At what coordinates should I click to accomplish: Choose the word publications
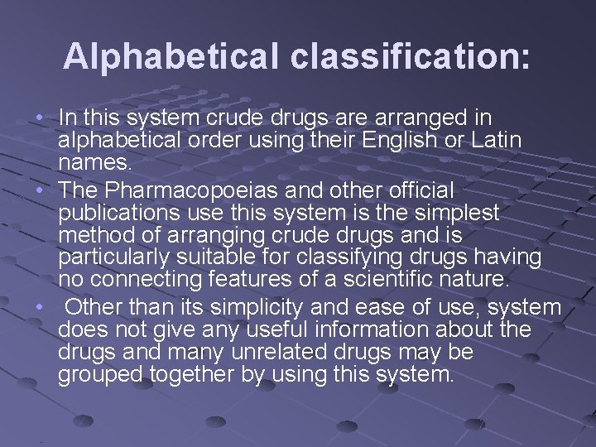click(117, 213)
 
